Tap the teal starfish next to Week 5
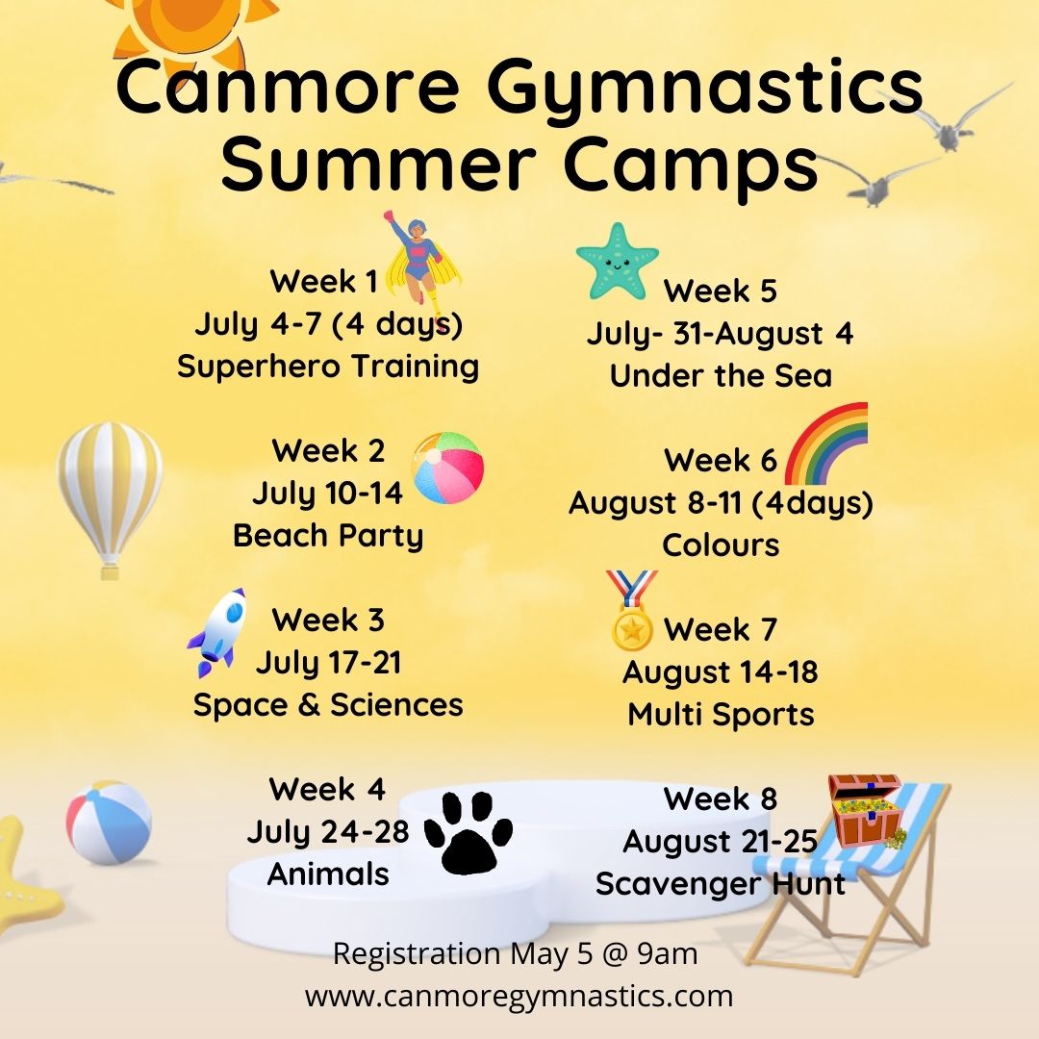click(617, 260)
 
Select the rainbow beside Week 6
click(826, 443)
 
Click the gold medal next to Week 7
click(632, 616)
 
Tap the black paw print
click(469, 832)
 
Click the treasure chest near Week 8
click(866, 810)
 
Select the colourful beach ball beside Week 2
click(447, 469)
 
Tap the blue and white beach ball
click(109, 823)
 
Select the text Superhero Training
click(328, 367)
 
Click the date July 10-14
click(328, 494)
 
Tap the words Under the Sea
click(721, 375)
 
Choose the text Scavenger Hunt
click(721, 883)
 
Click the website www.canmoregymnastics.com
click(519, 996)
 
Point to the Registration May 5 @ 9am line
click(515, 954)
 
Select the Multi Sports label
click(721, 715)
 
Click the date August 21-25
click(721, 842)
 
